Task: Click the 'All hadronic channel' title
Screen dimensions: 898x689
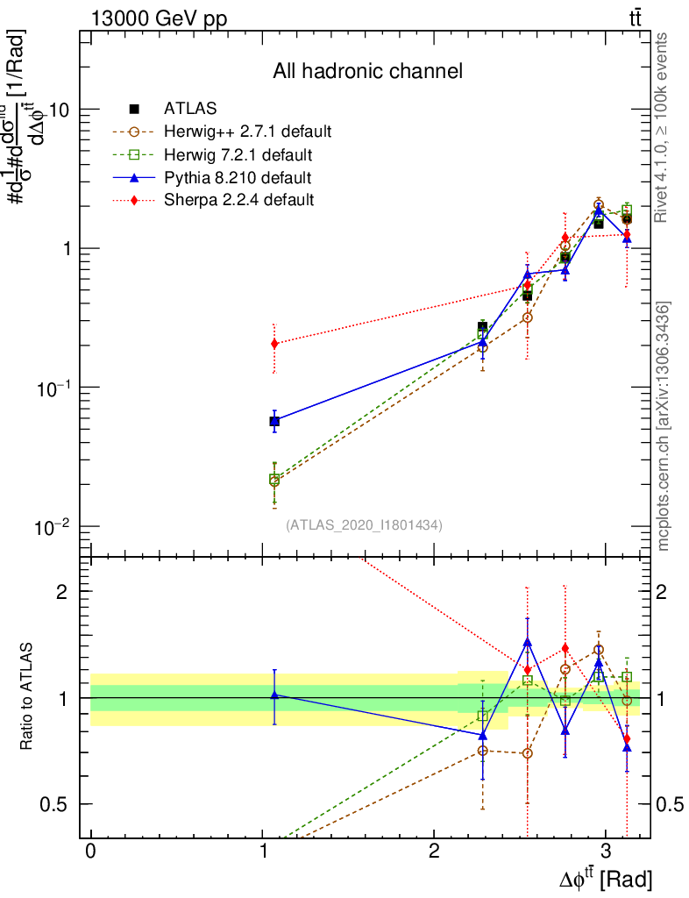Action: (x=367, y=71)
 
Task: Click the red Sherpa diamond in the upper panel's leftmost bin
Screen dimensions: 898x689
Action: (x=274, y=344)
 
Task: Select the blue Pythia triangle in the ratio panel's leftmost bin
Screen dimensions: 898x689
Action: (x=274, y=695)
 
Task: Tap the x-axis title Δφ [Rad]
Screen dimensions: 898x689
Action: (x=605, y=877)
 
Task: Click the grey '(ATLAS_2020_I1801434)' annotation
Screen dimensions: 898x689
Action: (x=364, y=524)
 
